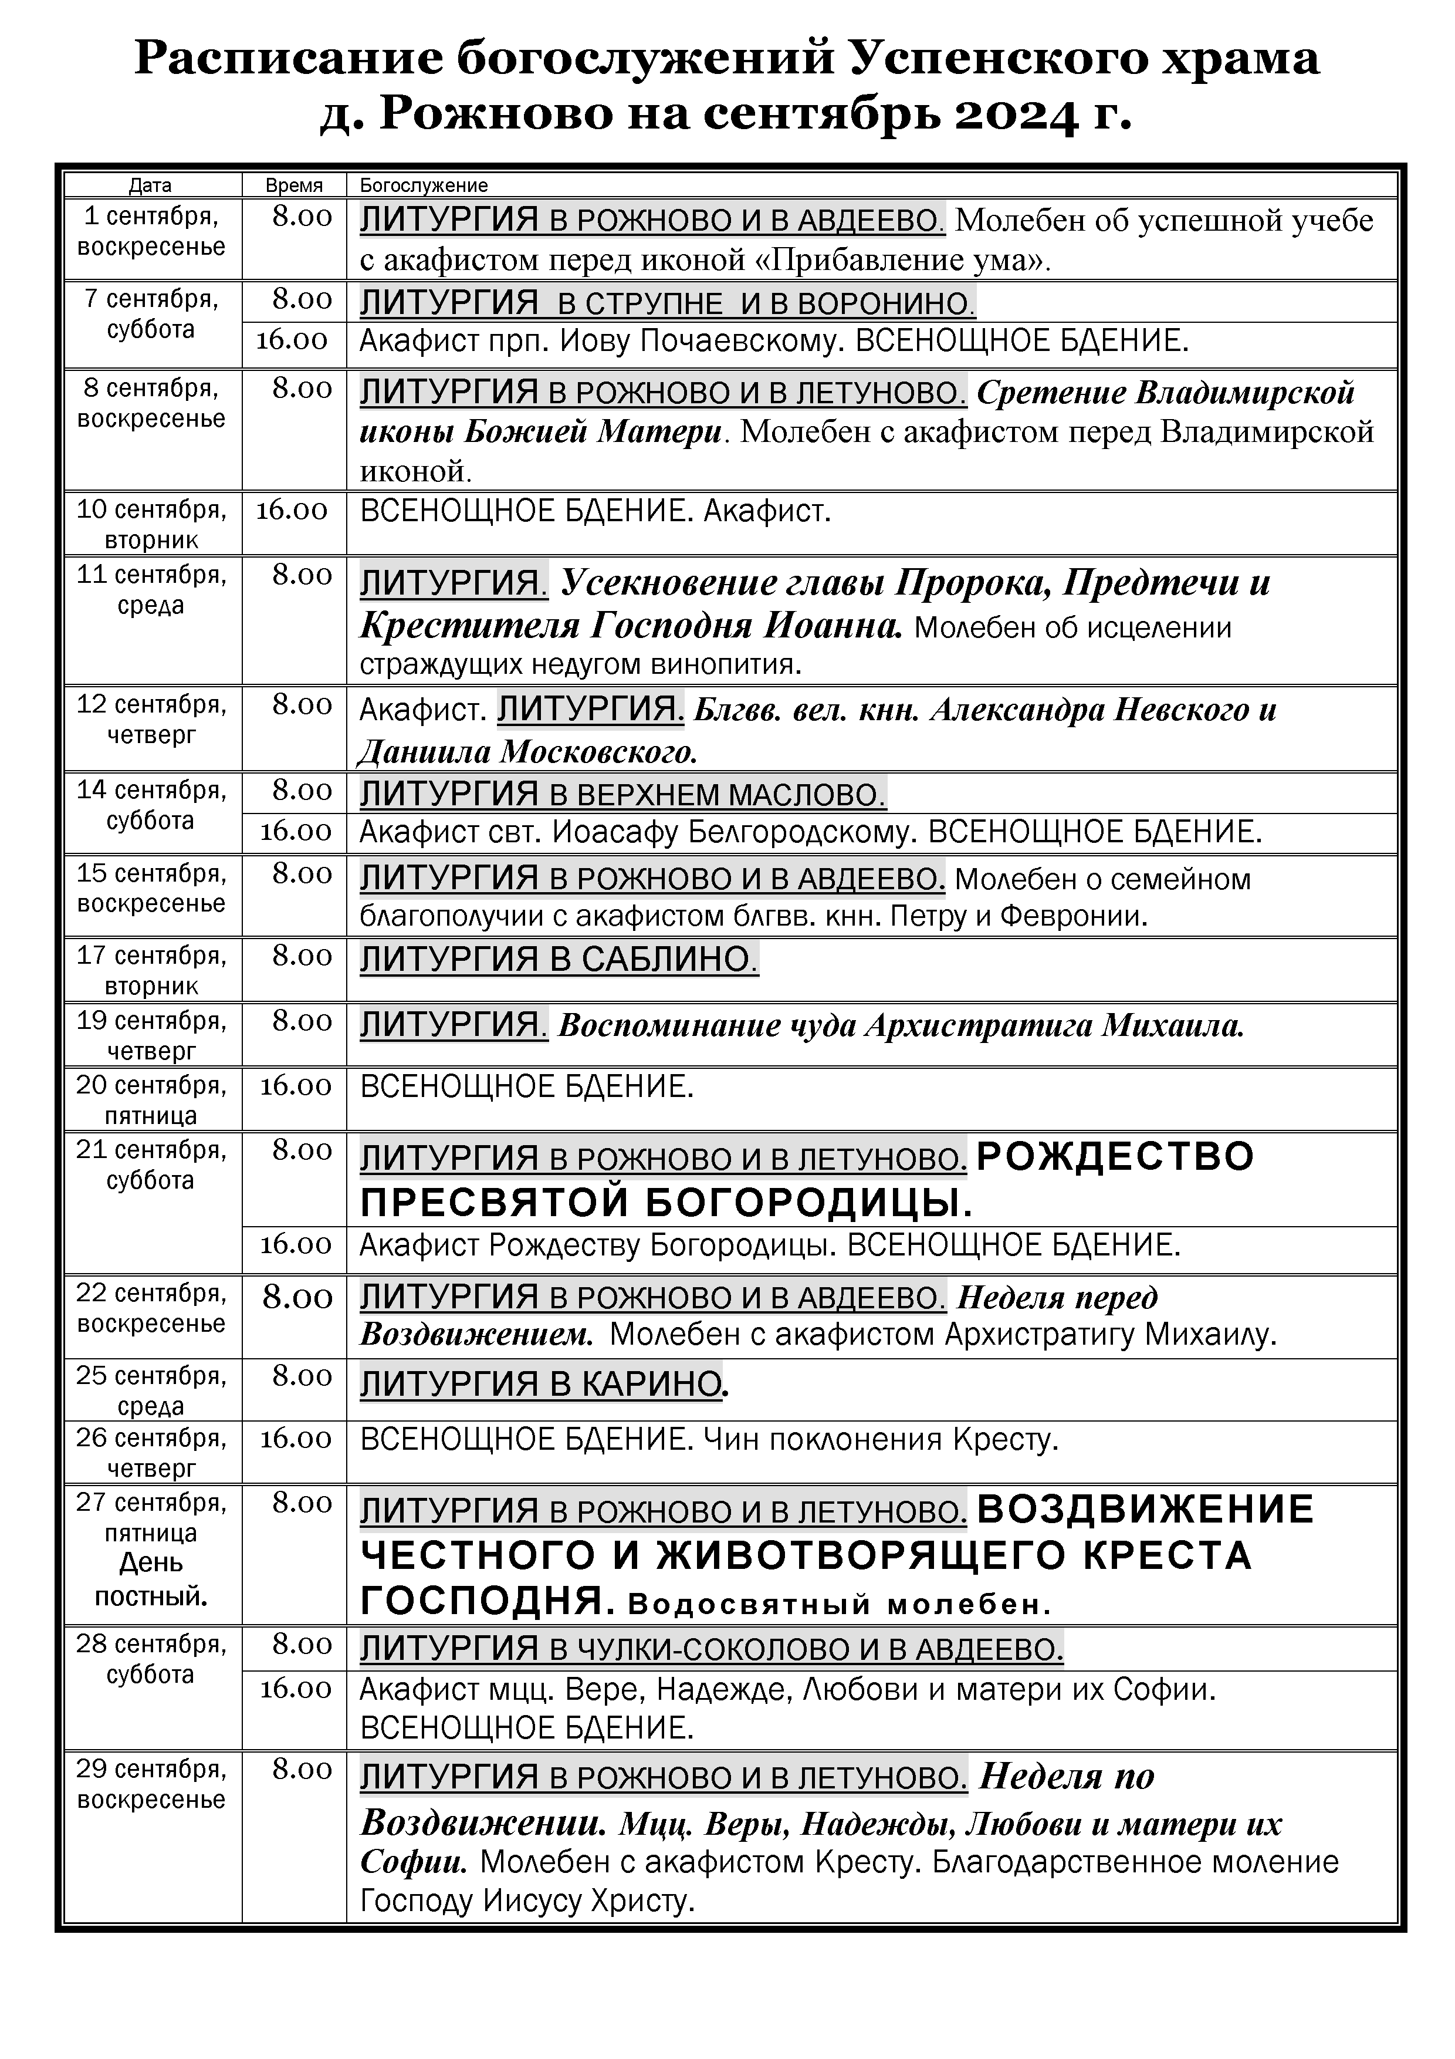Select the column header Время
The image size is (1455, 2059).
click(x=293, y=185)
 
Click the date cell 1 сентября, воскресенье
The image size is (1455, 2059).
click(x=151, y=231)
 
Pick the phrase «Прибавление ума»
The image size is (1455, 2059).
click(x=910, y=260)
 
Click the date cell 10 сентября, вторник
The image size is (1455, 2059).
click(x=151, y=524)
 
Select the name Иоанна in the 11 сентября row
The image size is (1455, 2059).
click(x=833, y=625)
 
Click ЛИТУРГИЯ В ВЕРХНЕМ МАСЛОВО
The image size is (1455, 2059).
click(x=622, y=795)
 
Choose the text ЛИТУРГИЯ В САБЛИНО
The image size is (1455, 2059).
click(x=559, y=960)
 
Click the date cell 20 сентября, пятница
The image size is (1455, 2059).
click(x=151, y=1099)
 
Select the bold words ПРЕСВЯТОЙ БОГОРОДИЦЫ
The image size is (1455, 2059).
click(x=665, y=1203)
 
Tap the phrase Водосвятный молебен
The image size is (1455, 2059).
click(x=839, y=1604)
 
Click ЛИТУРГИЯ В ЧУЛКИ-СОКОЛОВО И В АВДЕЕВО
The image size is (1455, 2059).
click(x=711, y=1648)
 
